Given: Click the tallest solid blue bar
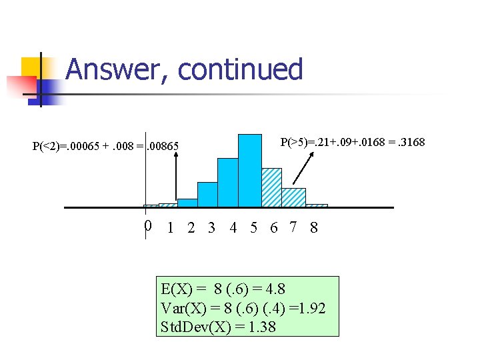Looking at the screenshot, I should pos(250,171).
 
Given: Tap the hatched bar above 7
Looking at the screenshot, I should pos(293,197).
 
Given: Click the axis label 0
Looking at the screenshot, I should pos(148,227).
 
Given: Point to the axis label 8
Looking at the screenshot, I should pos(314,228).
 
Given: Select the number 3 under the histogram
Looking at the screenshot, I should pos(211,228).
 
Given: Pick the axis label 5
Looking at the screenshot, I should pos(254,228).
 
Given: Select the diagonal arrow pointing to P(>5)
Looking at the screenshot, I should pos(303,167).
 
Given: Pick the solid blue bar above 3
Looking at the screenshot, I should pos(207,195).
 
